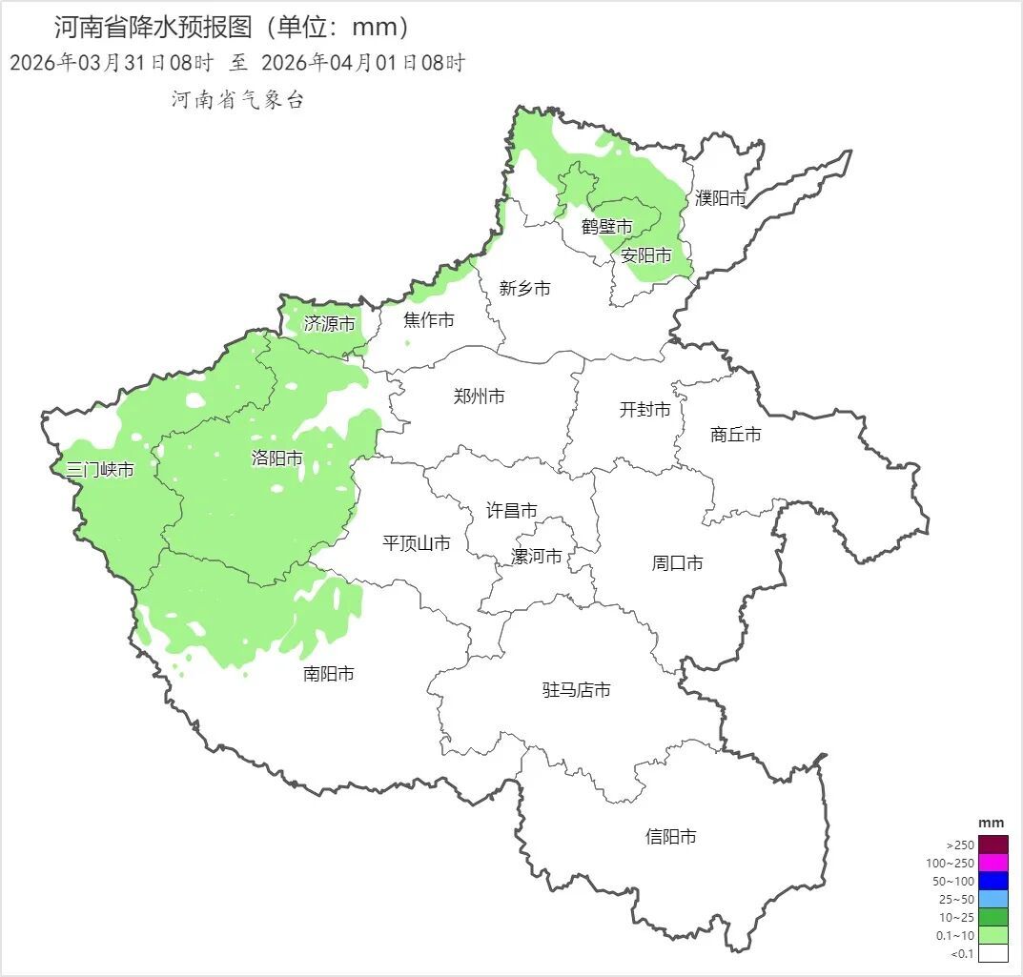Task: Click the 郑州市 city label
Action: (480, 397)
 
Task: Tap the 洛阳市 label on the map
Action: (276, 458)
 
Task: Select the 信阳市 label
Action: (670, 837)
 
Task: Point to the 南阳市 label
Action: (329, 674)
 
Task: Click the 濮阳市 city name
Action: (720, 198)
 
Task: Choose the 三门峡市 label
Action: (100, 469)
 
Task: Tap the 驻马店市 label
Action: (576, 690)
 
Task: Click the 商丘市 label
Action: (736, 435)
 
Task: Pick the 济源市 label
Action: (329, 324)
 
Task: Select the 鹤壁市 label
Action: (607, 227)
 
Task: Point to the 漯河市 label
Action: (537, 557)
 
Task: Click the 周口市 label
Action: (677, 563)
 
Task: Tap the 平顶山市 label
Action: (416, 543)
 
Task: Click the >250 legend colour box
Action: (992, 845)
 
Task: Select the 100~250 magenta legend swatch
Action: (992, 863)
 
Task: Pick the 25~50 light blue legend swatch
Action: (992, 899)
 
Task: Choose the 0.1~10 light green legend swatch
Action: (992, 935)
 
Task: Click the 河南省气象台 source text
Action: (237, 100)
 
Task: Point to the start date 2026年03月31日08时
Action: (111, 64)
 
